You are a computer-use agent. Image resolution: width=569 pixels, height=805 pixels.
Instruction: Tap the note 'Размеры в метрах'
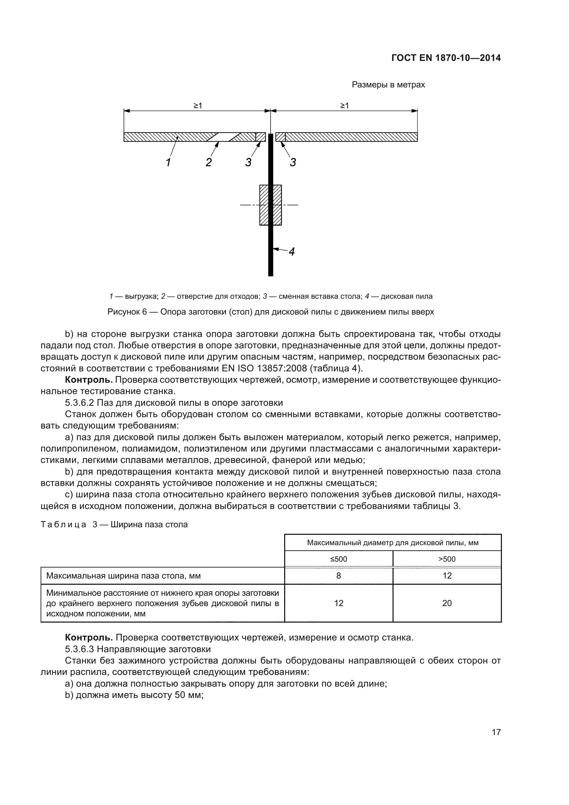[x=388, y=85]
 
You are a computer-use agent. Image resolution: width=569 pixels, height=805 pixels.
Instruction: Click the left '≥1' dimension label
[x=198, y=106]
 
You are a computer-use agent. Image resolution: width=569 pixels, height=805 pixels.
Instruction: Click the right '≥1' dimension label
[x=344, y=106]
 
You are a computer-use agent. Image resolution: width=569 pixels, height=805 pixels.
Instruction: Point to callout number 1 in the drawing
[x=168, y=162]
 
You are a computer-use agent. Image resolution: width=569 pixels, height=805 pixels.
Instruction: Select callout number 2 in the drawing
[x=208, y=162]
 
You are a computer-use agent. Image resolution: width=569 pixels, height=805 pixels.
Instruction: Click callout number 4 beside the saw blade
[x=291, y=251]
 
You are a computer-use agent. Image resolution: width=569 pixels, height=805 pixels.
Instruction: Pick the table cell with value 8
[x=339, y=576]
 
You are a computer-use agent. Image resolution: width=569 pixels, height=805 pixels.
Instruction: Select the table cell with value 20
[x=447, y=603]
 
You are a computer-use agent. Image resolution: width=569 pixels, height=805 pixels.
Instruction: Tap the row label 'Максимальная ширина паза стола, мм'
[x=124, y=576]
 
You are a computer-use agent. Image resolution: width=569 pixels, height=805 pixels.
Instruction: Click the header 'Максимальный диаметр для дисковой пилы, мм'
[x=393, y=543]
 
